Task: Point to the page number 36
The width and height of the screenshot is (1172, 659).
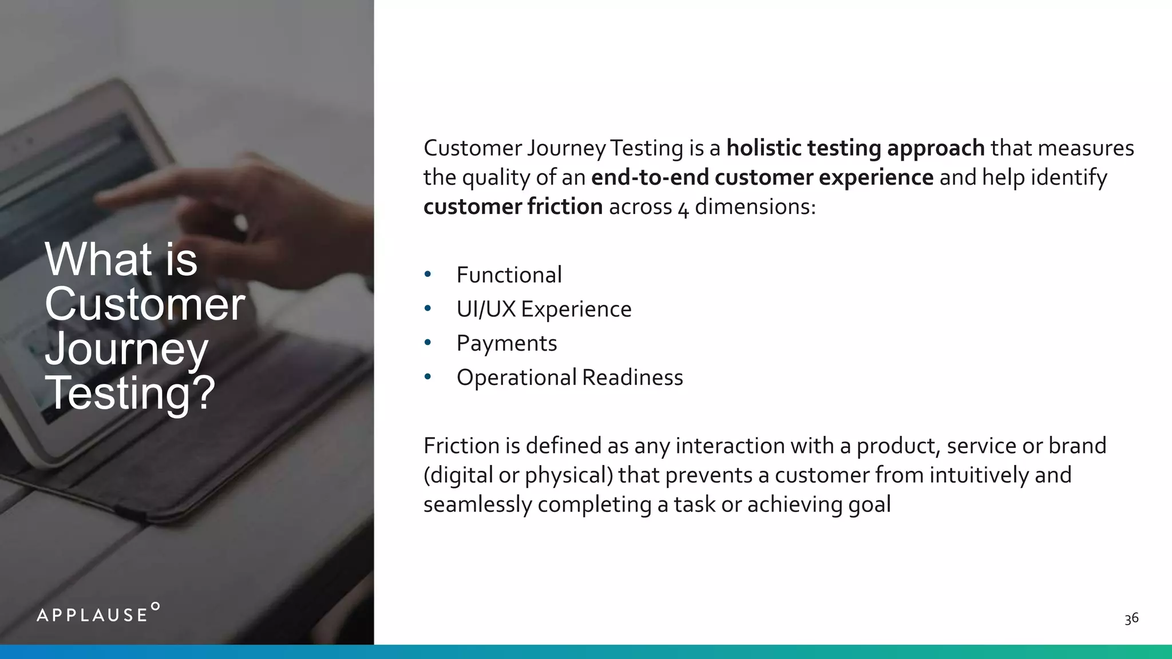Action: pyautogui.click(x=1131, y=618)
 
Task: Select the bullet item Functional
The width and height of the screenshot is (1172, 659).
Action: pyautogui.click(x=509, y=275)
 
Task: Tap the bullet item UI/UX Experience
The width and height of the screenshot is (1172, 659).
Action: pyautogui.click(x=544, y=309)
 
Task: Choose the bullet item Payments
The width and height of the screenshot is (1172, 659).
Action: pyautogui.click(x=506, y=343)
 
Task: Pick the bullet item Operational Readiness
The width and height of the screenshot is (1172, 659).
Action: pyautogui.click(x=569, y=378)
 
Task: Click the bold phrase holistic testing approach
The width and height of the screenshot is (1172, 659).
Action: pyautogui.click(x=855, y=148)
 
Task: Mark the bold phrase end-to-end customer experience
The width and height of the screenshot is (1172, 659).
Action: pyautogui.click(x=762, y=177)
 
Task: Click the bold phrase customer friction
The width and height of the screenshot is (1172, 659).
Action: pyautogui.click(x=513, y=207)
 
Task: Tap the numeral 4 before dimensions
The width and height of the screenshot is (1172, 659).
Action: pyautogui.click(x=683, y=209)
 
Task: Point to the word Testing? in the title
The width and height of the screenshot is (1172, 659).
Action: pyautogui.click(x=130, y=393)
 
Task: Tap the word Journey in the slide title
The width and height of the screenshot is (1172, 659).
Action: pyautogui.click(x=126, y=349)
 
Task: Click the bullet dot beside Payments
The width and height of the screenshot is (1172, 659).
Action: pyautogui.click(x=427, y=343)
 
